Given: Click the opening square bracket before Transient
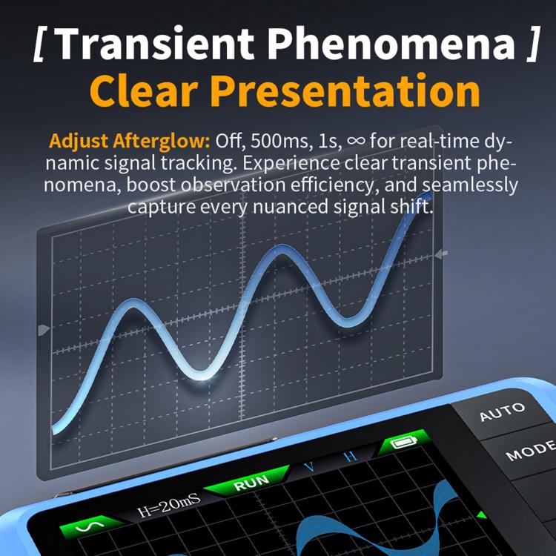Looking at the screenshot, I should tap(41, 46).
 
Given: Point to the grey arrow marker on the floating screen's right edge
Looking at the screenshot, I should tap(443, 255).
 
